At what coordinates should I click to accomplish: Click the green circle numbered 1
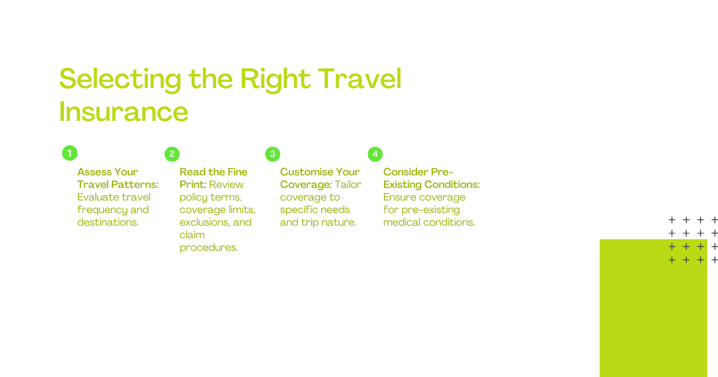[69, 153]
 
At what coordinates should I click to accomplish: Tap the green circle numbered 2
[172, 154]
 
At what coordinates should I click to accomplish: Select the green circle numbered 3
[273, 154]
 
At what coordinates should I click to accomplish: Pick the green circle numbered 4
[375, 154]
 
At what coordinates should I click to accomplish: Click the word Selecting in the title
[120, 80]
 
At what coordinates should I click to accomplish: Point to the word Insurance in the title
[123, 111]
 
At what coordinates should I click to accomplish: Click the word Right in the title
[275, 80]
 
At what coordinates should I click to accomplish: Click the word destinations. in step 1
[108, 222]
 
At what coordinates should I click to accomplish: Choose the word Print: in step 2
[193, 184]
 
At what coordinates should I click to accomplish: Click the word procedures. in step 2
[209, 248]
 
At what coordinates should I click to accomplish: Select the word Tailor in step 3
[348, 184]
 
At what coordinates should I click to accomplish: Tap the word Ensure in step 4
[397, 197]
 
